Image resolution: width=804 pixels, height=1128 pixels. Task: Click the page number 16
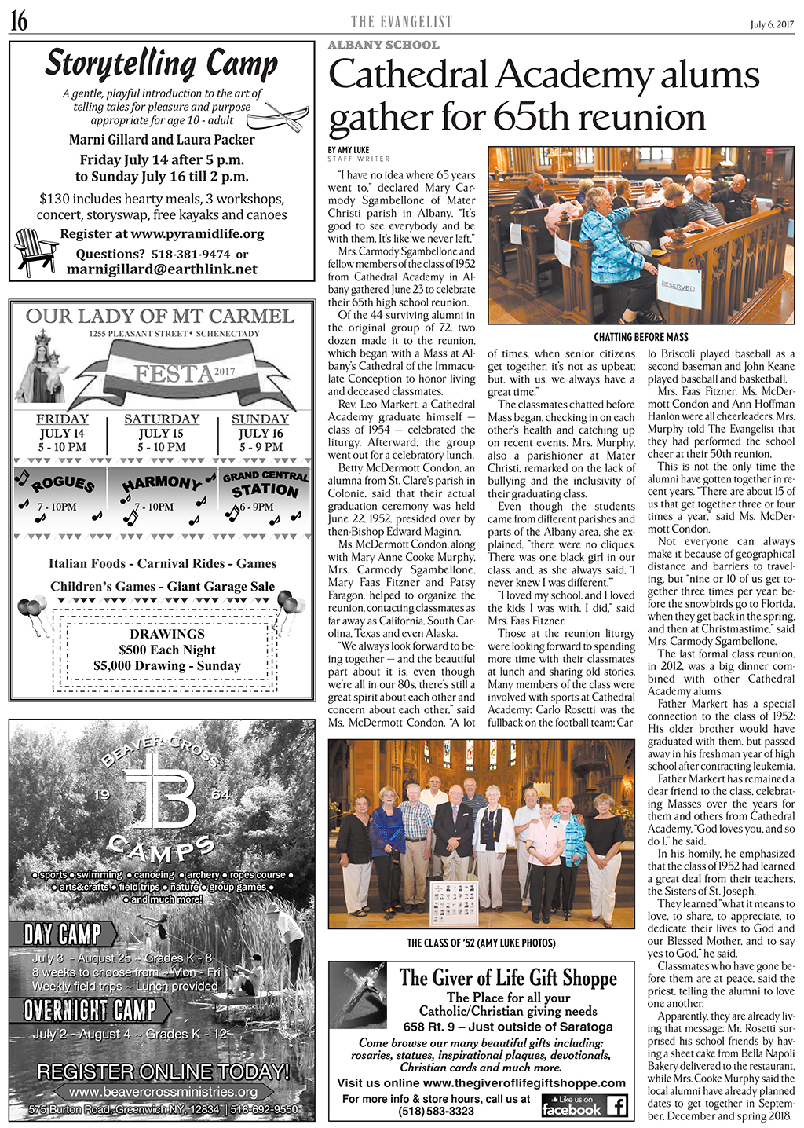[x=19, y=22]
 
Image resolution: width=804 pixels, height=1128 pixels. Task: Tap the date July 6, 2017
[x=772, y=24]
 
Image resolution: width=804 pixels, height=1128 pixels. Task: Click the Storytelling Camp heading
[x=161, y=64]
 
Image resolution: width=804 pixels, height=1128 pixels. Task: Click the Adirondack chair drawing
[x=35, y=251]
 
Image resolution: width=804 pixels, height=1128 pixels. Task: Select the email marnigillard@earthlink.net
[x=162, y=269]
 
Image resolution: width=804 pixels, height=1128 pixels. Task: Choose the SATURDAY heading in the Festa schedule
[x=162, y=419]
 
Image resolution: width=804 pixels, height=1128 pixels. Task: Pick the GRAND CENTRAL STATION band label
[x=265, y=484]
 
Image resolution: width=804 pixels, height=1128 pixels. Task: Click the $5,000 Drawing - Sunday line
[x=167, y=665]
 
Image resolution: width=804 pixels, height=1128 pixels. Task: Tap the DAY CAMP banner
[x=63, y=934]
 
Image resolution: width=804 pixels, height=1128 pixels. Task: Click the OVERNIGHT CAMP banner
[x=90, y=1009]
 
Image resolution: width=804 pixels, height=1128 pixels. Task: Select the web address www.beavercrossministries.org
[x=163, y=1091]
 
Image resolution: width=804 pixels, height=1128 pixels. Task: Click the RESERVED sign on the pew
[x=677, y=287]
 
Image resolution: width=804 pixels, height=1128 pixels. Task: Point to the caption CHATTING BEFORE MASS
[x=641, y=337]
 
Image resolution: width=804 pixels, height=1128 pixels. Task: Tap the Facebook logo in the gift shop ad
[x=584, y=1106]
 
